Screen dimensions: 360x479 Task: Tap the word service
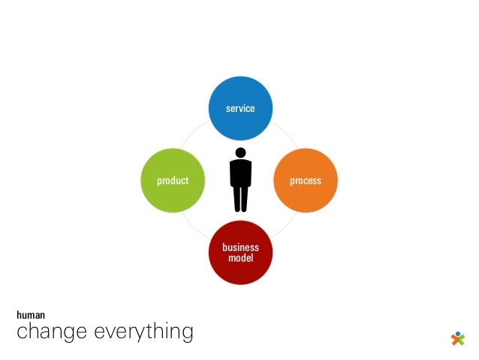pyautogui.click(x=240, y=108)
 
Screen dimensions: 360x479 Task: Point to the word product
pyautogui.click(x=173, y=181)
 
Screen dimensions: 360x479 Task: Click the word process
pyautogui.click(x=306, y=181)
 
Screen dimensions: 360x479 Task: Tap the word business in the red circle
pyautogui.click(x=240, y=247)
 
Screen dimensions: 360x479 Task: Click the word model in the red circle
pyautogui.click(x=240, y=258)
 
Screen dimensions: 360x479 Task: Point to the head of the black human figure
pyautogui.click(x=240, y=153)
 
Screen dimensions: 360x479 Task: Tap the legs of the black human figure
pyautogui.click(x=240, y=199)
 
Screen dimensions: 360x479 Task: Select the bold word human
pyautogui.click(x=31, y=316)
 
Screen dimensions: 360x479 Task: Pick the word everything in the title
pyautogui.click(x=142, y=332)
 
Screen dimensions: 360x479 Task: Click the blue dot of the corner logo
pyautogui.click(x=458, y=332)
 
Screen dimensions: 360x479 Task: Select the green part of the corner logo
pyautogui.click(x=462, y=339)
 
